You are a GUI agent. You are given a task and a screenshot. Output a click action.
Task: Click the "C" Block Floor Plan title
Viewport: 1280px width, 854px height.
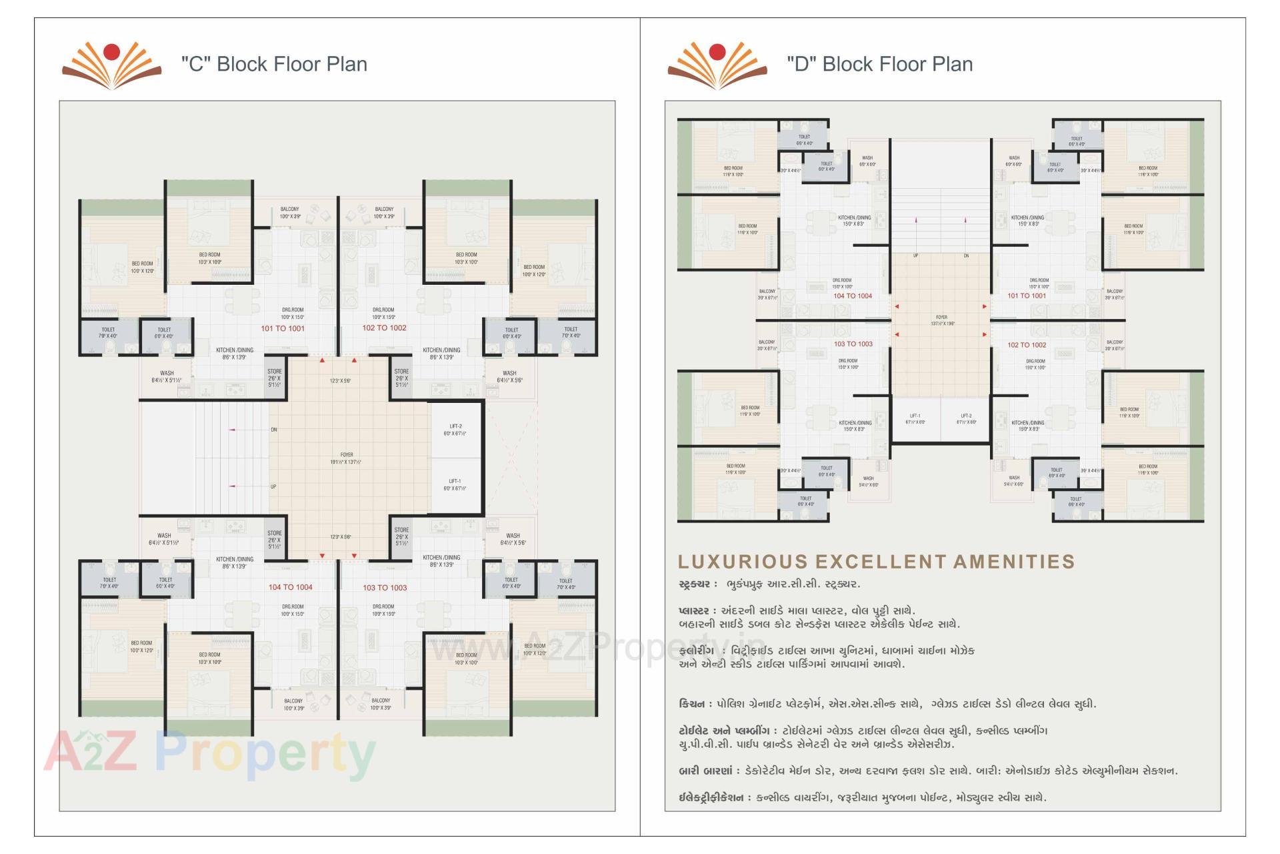274,64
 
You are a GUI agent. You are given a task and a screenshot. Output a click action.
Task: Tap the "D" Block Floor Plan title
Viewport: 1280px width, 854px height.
879,64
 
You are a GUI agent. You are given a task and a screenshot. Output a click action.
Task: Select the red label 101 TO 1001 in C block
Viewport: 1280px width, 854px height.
283,328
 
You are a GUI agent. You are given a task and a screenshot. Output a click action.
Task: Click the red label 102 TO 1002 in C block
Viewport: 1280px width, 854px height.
384,328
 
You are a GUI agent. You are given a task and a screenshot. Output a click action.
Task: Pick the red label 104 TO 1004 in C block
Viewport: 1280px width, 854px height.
290,587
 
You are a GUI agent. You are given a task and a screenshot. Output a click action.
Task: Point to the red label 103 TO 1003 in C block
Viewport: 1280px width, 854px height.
385,588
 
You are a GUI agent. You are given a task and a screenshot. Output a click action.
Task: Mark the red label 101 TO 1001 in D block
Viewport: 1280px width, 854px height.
1027,296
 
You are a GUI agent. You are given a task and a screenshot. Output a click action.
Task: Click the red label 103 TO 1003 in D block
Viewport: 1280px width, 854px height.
853,344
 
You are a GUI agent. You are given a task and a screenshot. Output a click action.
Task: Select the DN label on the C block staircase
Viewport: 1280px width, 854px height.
274,430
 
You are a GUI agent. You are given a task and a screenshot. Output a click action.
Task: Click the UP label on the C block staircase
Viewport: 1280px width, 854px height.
273,486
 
